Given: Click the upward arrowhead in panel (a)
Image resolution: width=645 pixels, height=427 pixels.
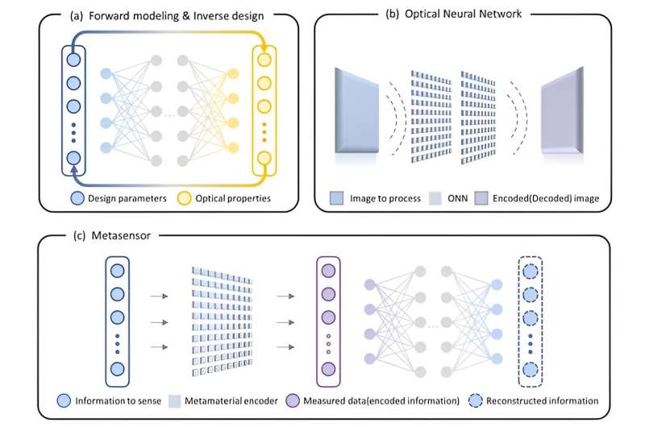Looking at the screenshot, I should pyautogui.click(x=75, y=170).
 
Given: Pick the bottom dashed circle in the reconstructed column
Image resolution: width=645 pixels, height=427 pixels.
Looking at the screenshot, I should pyautogui.click(x=531, y=370).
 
